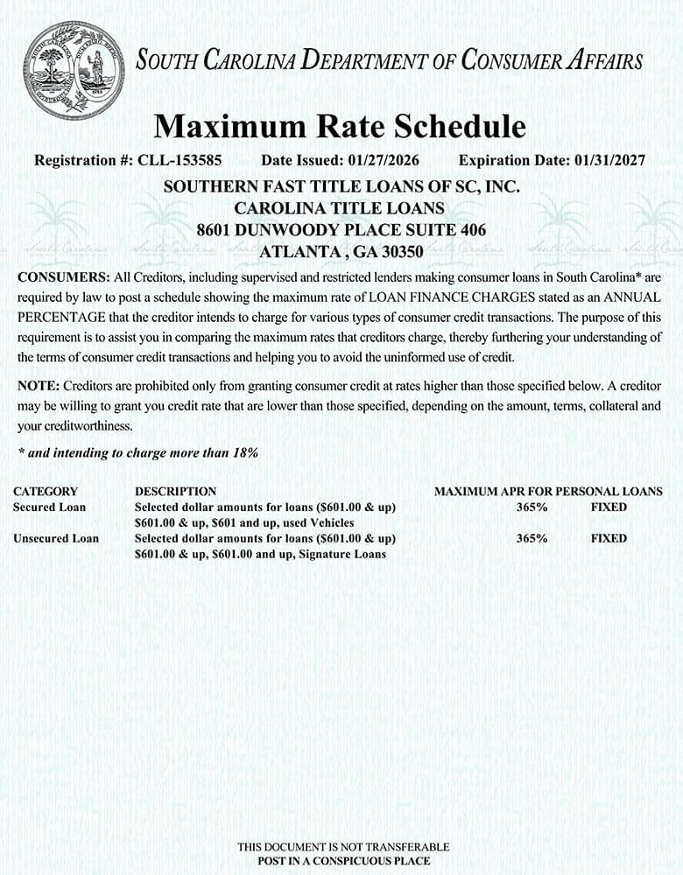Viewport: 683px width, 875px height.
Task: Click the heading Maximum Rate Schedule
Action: [x=340, y=127]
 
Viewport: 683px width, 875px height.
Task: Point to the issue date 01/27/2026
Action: [x=384, y=161]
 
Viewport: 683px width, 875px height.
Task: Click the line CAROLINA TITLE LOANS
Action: [x=340, y=208]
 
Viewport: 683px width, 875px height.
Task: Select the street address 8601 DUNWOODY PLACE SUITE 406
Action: [x=341, y=230]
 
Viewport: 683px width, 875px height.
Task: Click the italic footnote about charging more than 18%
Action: [x=137, y=452]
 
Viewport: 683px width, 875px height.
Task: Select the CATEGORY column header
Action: [x=46, y=492]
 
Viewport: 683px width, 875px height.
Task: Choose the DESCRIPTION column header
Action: [x=175, y=492]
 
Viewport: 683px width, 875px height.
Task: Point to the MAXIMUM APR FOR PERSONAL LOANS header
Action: [x=548, y=492]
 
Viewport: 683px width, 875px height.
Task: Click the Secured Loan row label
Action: [x=50, y=507]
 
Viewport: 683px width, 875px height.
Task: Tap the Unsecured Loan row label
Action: [x=56, y=538]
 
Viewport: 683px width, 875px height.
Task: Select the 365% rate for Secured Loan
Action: [x=532, y=507]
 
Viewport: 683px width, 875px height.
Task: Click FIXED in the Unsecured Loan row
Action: [x=609, y=538]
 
